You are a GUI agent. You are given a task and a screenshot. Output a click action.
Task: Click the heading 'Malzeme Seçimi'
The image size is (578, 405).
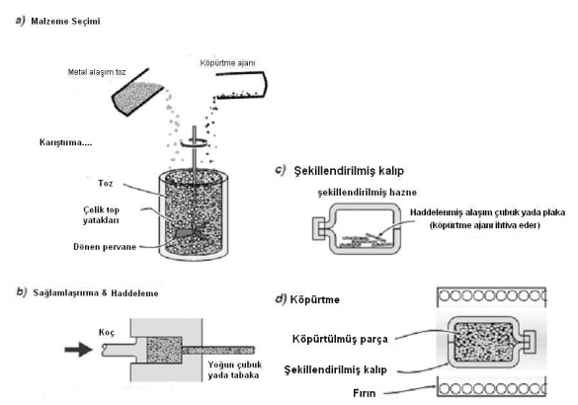pos(65,21)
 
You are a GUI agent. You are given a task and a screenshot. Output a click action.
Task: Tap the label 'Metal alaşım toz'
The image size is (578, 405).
pos(97,72)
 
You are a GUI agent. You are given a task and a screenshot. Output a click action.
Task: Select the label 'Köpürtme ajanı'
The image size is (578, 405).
pos(227,63)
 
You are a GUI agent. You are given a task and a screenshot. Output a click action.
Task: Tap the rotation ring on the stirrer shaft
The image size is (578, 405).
pos(195,143)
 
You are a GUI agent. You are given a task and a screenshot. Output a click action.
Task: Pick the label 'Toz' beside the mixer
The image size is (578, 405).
pos(106,183)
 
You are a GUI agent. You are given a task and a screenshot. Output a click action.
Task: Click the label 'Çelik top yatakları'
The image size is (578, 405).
pos(101,215)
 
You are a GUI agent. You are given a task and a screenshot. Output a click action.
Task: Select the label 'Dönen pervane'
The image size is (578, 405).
pos(105,247)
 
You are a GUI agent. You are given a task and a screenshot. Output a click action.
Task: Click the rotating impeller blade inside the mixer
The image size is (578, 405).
pos(190,232)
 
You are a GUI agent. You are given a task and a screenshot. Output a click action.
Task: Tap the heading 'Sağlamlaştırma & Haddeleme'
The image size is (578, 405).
pos(96,293)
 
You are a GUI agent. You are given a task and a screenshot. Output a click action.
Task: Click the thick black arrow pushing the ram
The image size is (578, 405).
pos(78,349)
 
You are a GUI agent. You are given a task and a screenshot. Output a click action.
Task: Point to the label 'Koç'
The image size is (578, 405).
pos(107,333)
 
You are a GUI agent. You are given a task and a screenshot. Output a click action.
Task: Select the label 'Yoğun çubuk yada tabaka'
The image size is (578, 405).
pos(235,369)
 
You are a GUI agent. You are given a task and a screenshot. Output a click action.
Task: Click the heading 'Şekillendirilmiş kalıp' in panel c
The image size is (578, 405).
pos(349,171)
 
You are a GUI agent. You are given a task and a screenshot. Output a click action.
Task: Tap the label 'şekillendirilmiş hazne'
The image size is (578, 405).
pos(368,193)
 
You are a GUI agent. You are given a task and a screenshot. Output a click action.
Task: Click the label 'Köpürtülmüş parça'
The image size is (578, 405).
pos(340,339)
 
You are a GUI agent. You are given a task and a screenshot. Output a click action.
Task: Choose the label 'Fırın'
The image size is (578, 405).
pos(365,393)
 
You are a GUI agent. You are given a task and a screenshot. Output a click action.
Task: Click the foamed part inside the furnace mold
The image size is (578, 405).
pos(483,342)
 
